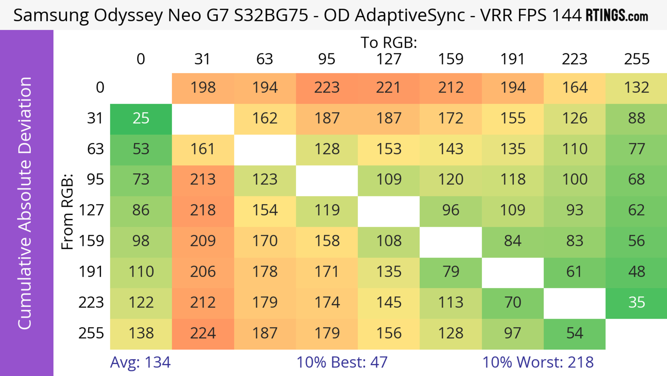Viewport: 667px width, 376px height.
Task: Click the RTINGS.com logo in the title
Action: pos(617,15)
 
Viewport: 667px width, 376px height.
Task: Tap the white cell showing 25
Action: pos(141,118)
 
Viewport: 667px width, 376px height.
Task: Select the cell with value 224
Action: pos(203,333)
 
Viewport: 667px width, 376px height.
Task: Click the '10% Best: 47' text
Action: pos(342,362)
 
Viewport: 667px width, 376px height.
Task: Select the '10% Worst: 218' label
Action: pos(538,362)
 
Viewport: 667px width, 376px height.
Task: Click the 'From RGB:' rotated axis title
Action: pos(67,212)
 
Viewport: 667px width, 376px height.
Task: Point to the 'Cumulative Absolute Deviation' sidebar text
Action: pos(25,203)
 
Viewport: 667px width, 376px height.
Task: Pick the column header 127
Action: pos(389,59)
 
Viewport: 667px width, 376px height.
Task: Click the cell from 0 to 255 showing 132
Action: pos(636,88)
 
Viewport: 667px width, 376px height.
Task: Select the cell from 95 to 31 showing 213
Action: pos(203,179)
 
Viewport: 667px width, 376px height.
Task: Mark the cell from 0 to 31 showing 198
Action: pos(203,88)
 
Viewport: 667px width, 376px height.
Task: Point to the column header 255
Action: pos(636,59)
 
